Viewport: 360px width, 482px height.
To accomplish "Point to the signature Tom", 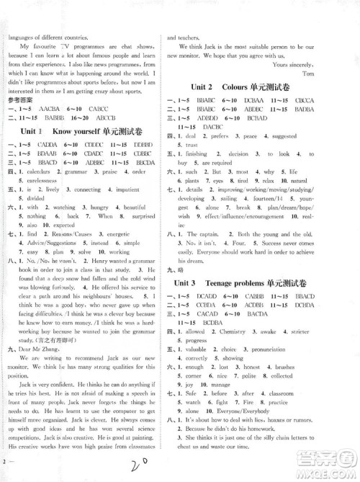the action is point(331,74).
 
